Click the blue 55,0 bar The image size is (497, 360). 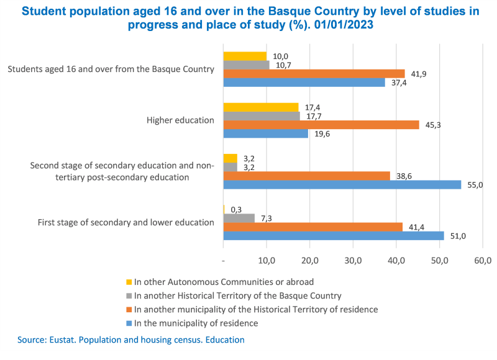[x=342, y=184]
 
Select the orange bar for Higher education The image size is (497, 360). [x=321, y=125]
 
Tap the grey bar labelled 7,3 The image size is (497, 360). [x=239, y=218]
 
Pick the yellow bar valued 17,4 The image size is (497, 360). [x=261, y=107]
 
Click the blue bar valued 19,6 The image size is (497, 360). [x=266, y=133]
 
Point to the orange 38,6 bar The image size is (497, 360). [x=306, y=176]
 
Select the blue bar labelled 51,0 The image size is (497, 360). [x=334, y=235]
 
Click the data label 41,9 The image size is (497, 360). [x=418, y=74]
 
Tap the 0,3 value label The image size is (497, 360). [x=237, y=209]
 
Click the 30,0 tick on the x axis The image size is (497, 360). [x=353, y=259]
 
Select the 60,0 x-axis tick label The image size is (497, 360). [x=483, y=259]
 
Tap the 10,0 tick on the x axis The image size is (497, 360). [x=267, y=259]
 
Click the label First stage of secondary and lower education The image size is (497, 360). [x=126, y=222]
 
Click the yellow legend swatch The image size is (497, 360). [x=129, y=282]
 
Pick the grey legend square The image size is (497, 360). [x=129, y=295]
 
